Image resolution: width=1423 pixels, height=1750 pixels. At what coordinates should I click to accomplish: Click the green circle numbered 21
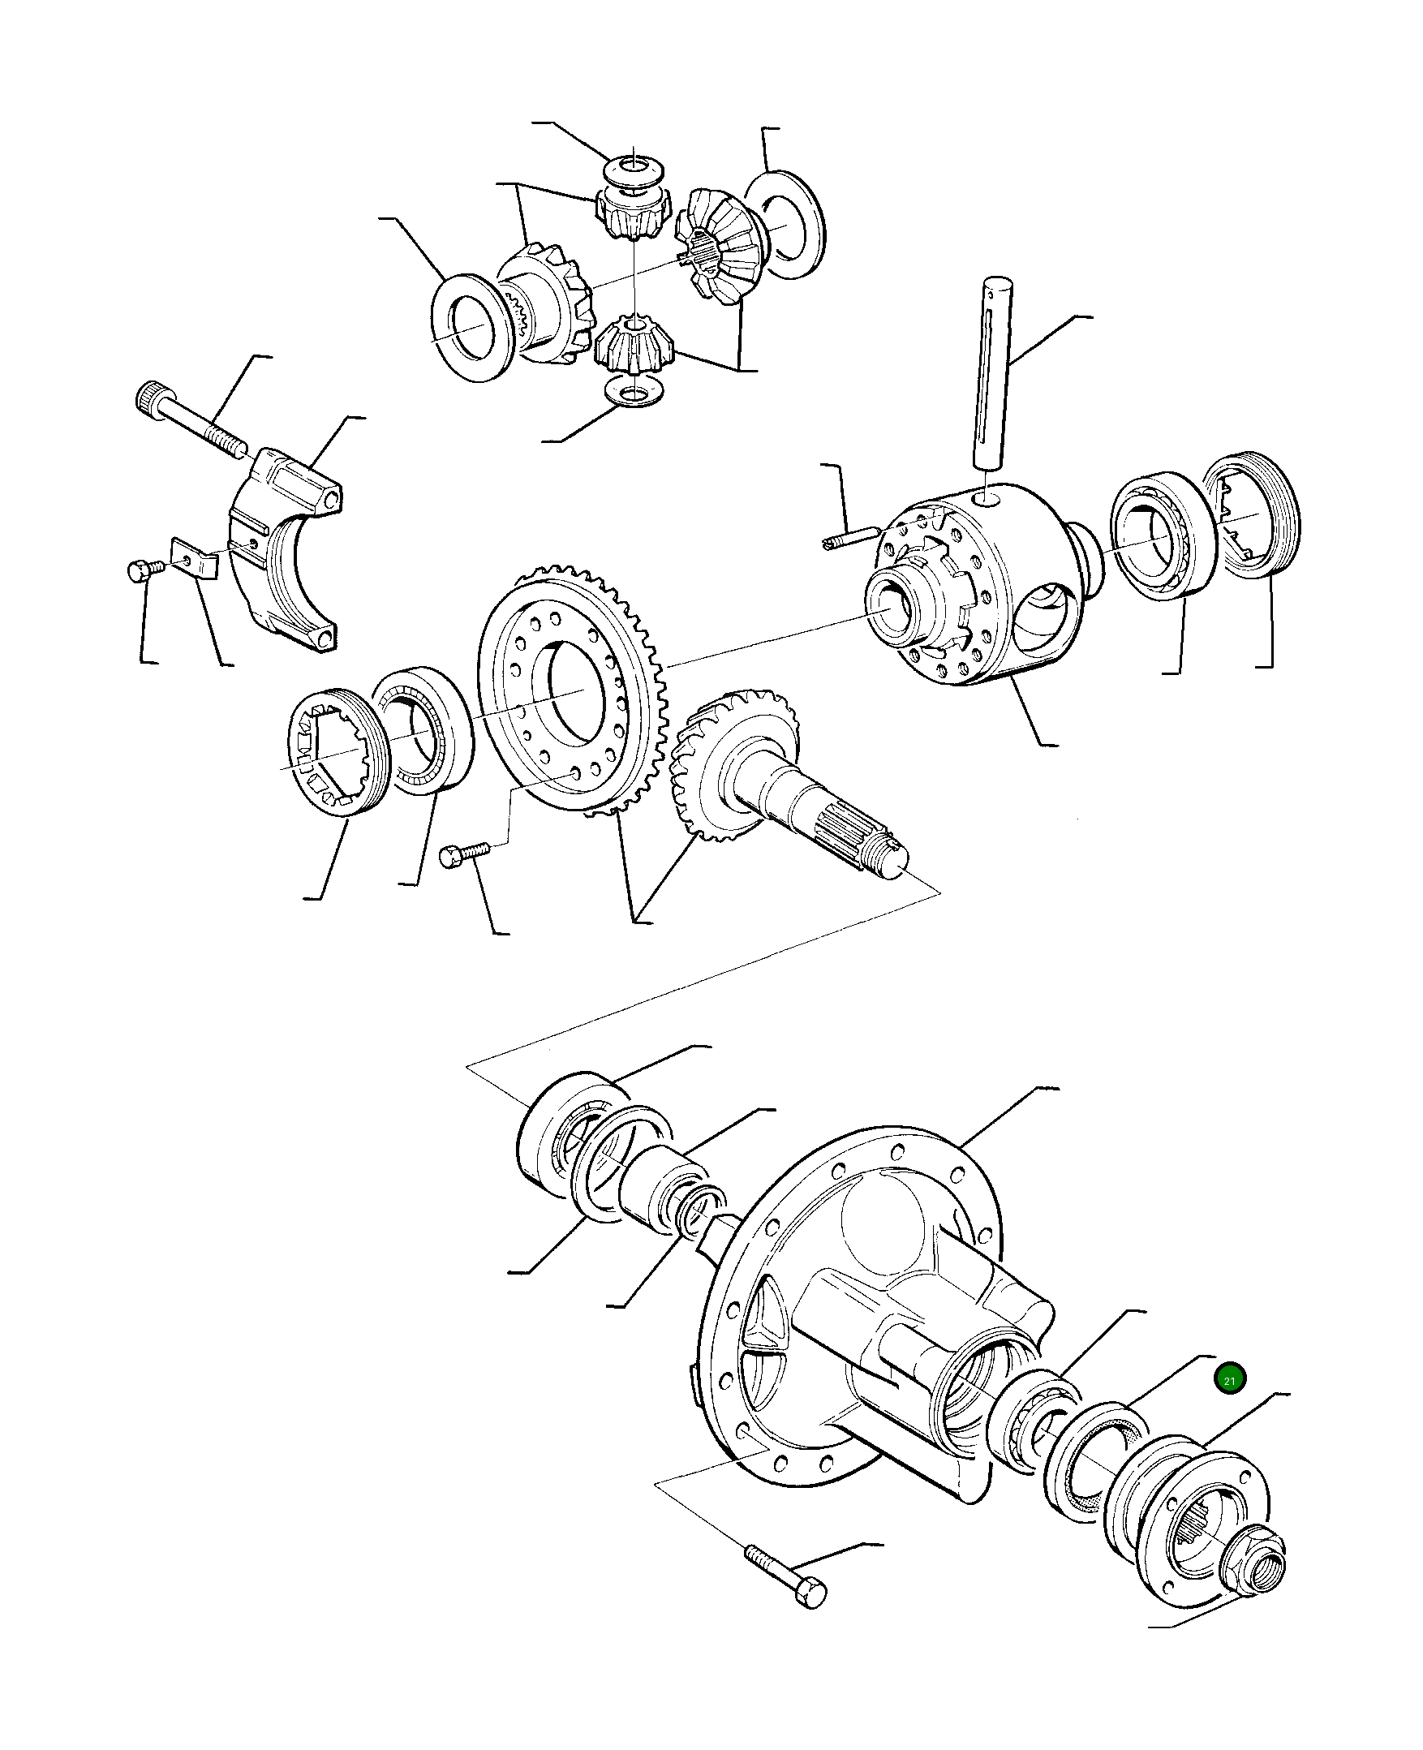1229,1380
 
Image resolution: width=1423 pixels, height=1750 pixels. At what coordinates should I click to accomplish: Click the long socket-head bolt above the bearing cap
193,420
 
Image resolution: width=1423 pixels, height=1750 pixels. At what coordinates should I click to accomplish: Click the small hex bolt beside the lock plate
145,570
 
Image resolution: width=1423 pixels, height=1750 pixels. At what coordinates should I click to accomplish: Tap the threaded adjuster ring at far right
1250,514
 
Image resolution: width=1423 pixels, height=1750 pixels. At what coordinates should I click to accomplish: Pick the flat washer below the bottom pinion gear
632,393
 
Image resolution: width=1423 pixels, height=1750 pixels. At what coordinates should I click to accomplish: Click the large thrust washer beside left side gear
474,327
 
